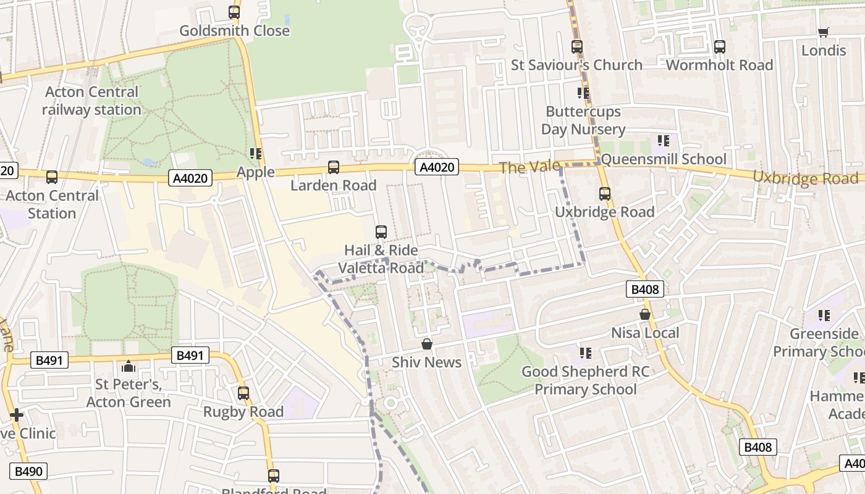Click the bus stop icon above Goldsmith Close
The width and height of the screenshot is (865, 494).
coord(234,12)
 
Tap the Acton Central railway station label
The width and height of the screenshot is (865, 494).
coord(91,101)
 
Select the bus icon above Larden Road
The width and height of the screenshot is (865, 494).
coord(333,167)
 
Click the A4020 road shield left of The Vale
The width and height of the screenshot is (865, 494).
coord(438,167)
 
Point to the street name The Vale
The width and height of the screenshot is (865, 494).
coord(530,167)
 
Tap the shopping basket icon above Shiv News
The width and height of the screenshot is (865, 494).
coord(426,344)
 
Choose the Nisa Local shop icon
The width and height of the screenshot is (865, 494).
coord(645,314)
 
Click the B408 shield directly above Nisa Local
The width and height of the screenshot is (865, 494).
coord(644,289)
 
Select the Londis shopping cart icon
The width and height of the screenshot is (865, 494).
coord(823,32)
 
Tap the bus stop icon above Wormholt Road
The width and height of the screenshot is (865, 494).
coord(719,46)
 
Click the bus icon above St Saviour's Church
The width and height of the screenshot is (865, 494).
coord(576,46)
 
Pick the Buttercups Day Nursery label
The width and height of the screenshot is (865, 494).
coord(583,120)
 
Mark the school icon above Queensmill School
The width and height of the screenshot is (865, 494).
coord(664,141)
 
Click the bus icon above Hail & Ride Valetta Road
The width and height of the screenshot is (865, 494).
coord(381,232)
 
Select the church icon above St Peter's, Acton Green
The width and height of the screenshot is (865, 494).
coord(129,366)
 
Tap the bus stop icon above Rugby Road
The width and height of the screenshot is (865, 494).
coord(243,393)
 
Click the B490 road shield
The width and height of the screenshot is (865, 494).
coord(28,472)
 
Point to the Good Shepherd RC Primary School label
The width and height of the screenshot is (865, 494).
coord(585,380)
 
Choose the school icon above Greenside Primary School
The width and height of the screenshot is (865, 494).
coord(824,316)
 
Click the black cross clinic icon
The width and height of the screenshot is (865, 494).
coord(17,415)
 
